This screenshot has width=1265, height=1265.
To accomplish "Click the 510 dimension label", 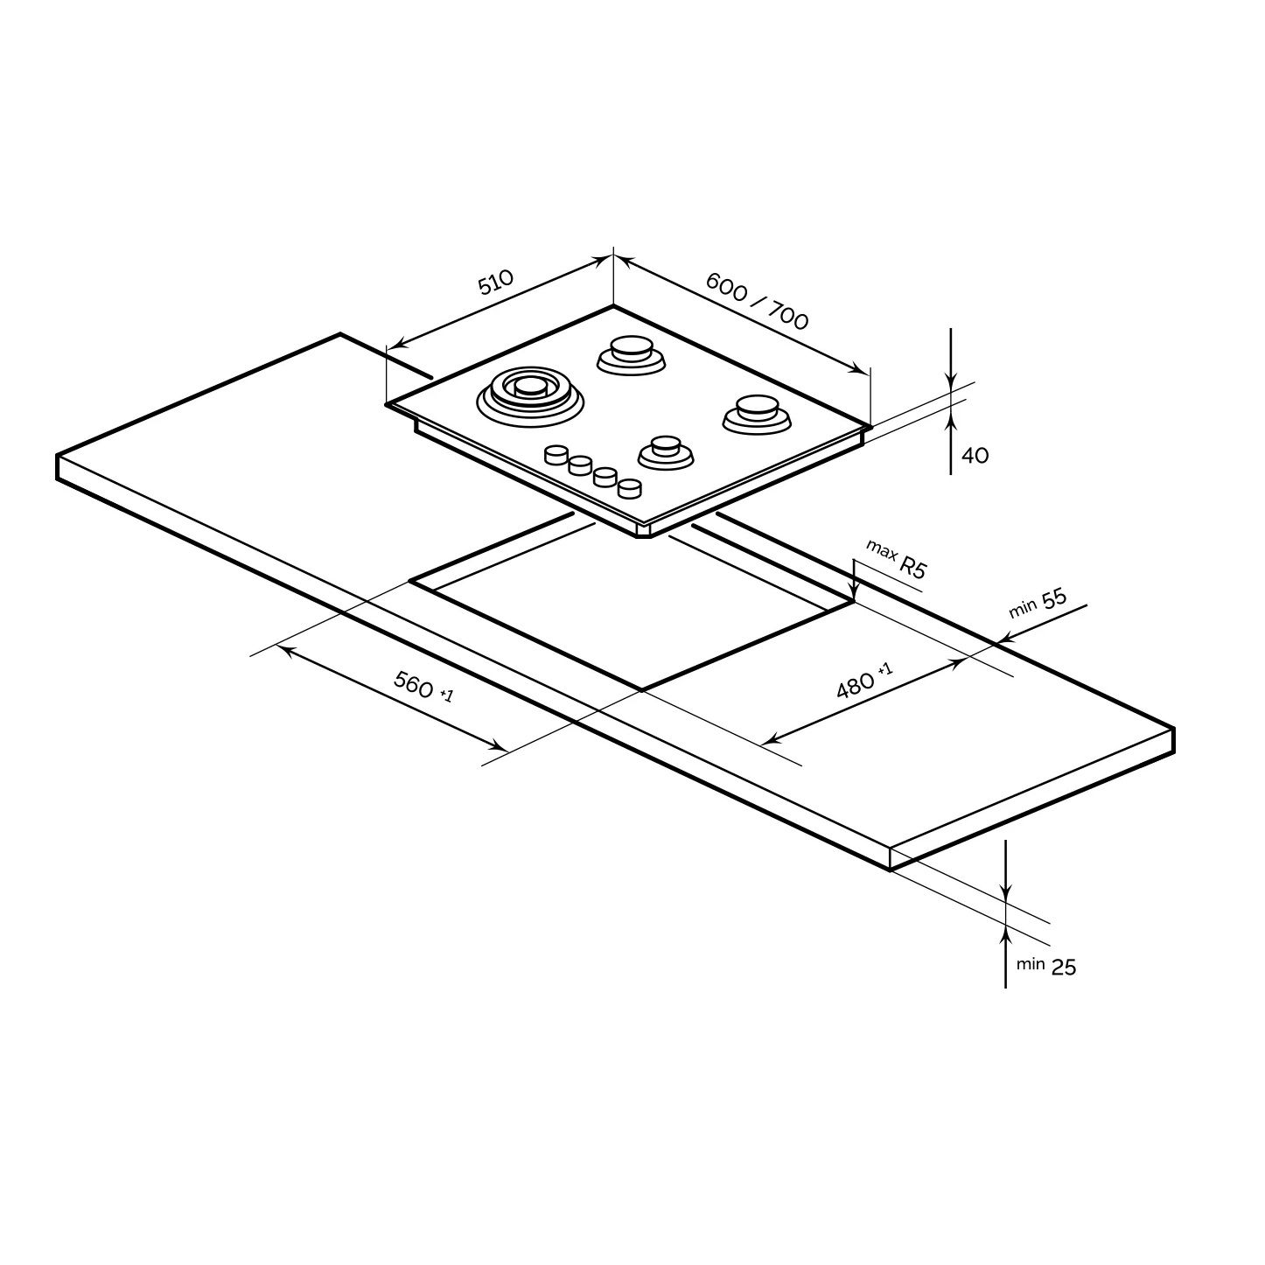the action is point(495,282).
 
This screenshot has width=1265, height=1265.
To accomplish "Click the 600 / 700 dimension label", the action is point(757,301).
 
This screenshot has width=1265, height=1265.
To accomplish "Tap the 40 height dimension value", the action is point(975,455).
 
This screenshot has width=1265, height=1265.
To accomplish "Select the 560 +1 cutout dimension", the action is point(423,686).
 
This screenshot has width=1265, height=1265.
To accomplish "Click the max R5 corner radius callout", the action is point(896,559).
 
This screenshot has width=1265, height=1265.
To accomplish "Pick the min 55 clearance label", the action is point(1038,603).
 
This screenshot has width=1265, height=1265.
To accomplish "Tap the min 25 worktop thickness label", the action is point(1046,965).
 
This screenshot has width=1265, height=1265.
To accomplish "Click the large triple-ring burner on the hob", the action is point(529,396).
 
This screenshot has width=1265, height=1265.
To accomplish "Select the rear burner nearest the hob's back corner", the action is point(631,355).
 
